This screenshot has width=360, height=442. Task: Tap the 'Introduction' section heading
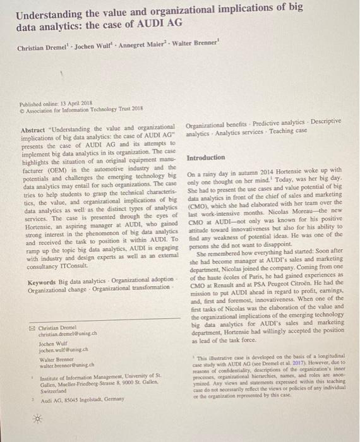tap(206, 157)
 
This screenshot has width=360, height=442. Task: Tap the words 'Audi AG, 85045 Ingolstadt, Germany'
tap(69, 400)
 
